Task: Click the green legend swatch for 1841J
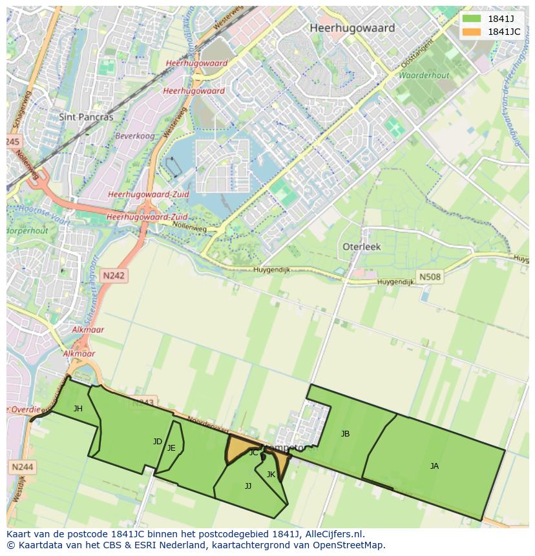coord(472,19)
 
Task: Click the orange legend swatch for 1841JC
coord(472,32)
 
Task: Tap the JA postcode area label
coord(434,466)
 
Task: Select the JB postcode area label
coord(345,434)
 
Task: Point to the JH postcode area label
coord(78,408)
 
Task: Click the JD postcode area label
coord(158,442)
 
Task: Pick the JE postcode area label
coord(171,448)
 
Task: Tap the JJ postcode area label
coord(248,486)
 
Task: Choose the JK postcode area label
coord(271,475)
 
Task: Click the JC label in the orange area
coord(254,453)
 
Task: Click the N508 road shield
coord(430,277)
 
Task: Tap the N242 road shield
coord(114,276)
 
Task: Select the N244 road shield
coord(22,466)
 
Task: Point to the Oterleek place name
coord(361,247)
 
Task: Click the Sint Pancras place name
coord(86,118)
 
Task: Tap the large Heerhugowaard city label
coord(351,28)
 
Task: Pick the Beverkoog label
coord(134,136)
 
